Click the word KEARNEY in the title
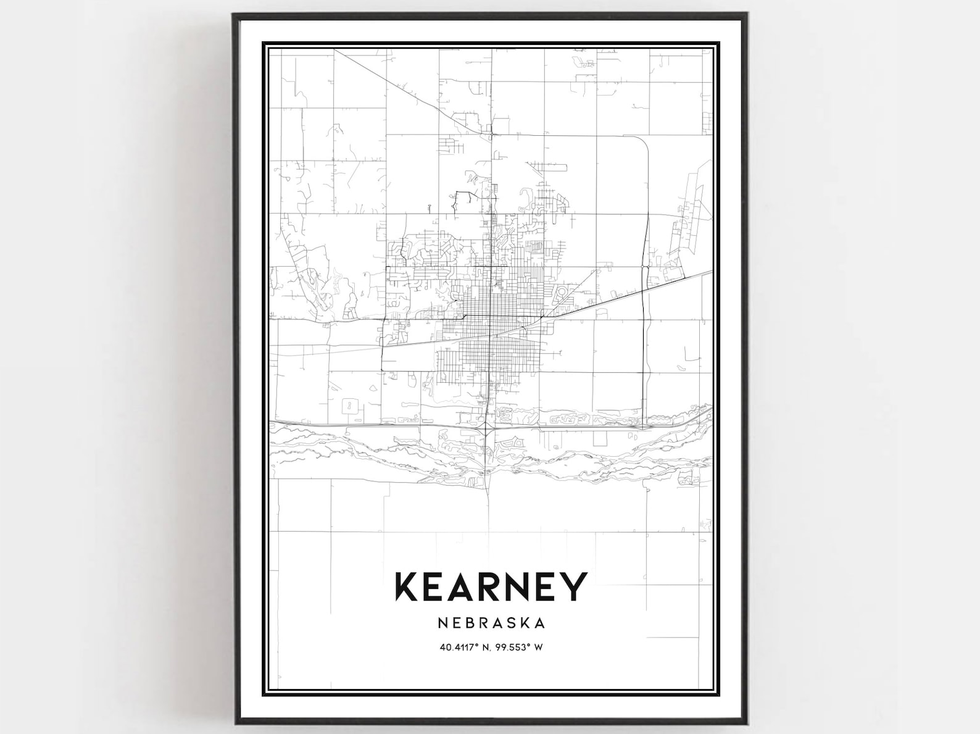coord(491,586)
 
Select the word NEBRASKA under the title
coord(491,623)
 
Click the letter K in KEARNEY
coord(408,586)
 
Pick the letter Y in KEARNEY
coord(575,586)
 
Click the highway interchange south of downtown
coord(488,426)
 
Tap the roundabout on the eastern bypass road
coord(643,267)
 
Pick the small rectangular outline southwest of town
coord(349,406)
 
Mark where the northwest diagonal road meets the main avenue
coord(491,133)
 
